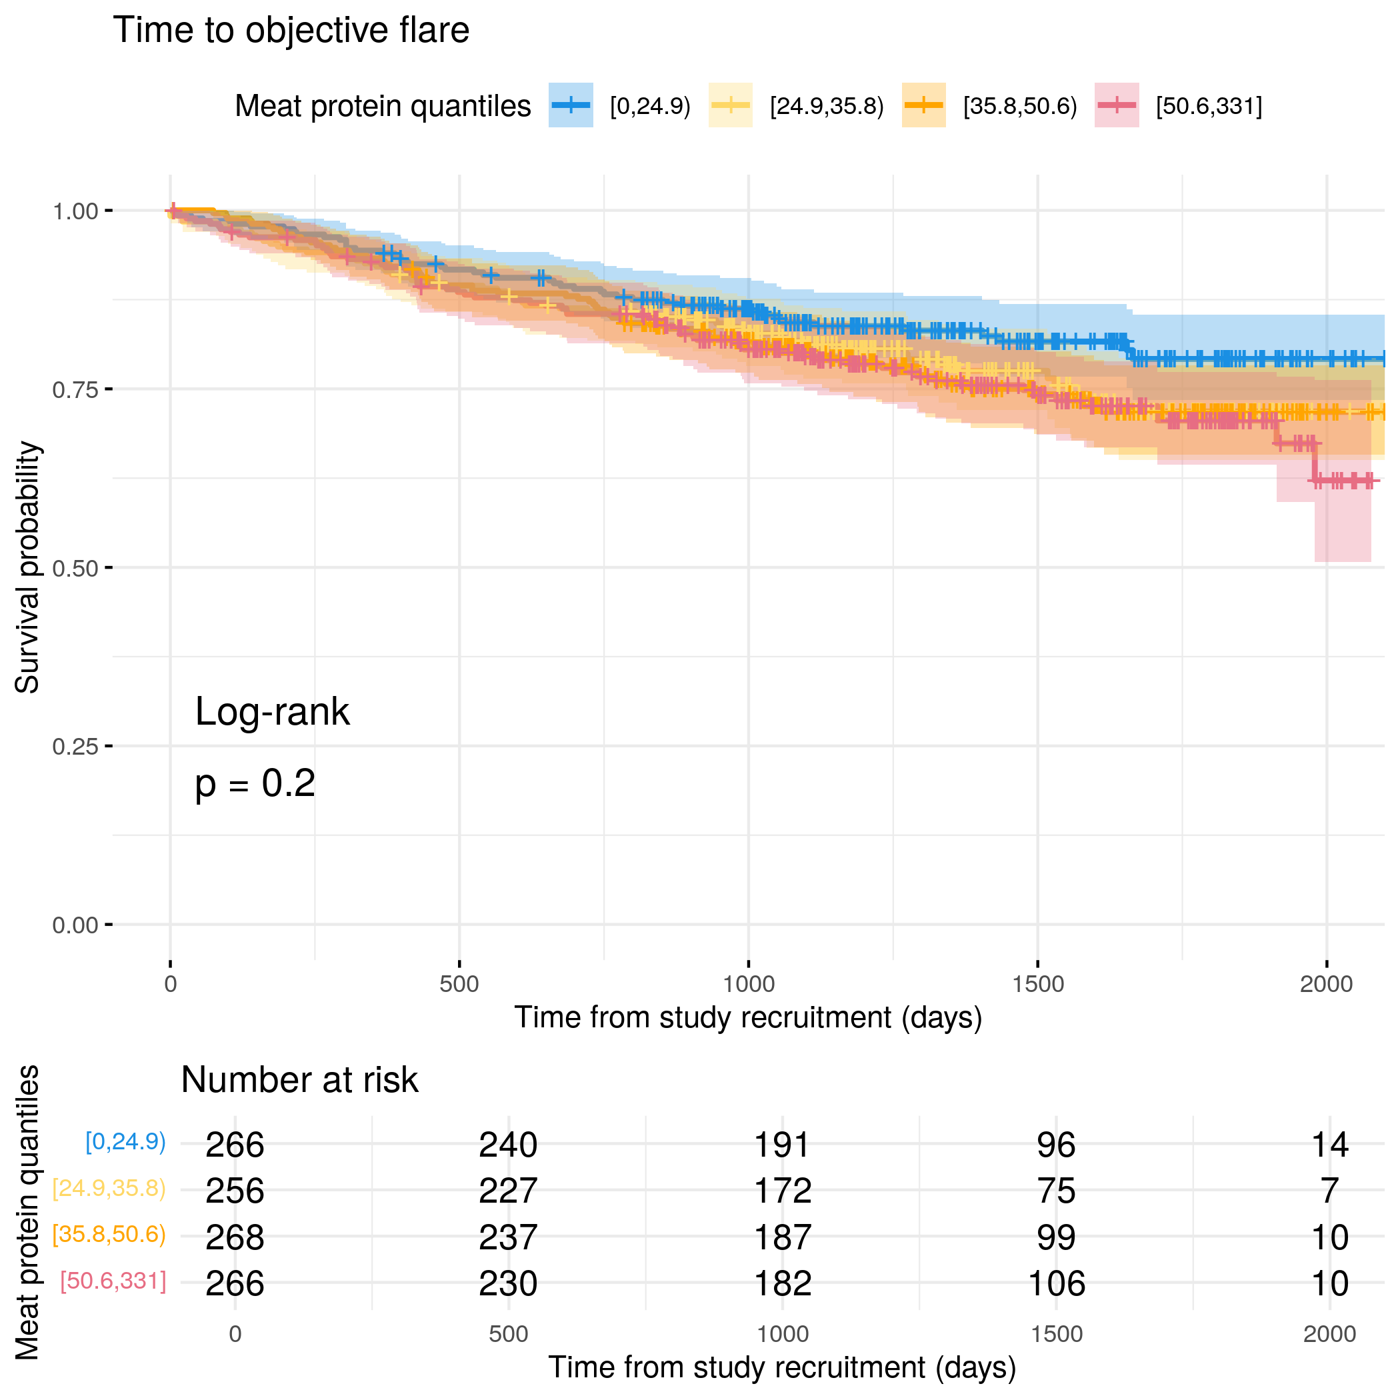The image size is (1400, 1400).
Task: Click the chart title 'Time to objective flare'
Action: (291, 31)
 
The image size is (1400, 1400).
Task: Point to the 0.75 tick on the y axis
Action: (75, 390)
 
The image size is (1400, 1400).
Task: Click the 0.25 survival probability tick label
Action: (75, 747)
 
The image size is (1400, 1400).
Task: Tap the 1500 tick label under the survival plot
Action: (1038, 984)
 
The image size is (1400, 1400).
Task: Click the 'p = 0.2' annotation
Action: (255, 784)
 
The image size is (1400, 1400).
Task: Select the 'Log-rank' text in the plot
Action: (273, 711)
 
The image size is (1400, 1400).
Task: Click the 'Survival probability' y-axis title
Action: (27, 567)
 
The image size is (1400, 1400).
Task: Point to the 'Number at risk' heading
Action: (299, 1080)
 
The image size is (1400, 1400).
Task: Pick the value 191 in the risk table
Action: (782, 1145)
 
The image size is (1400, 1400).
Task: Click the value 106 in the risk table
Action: (1057, 1284)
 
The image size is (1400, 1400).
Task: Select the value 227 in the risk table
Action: (508, 1191)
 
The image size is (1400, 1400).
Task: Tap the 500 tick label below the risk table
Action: (508, 1334)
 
